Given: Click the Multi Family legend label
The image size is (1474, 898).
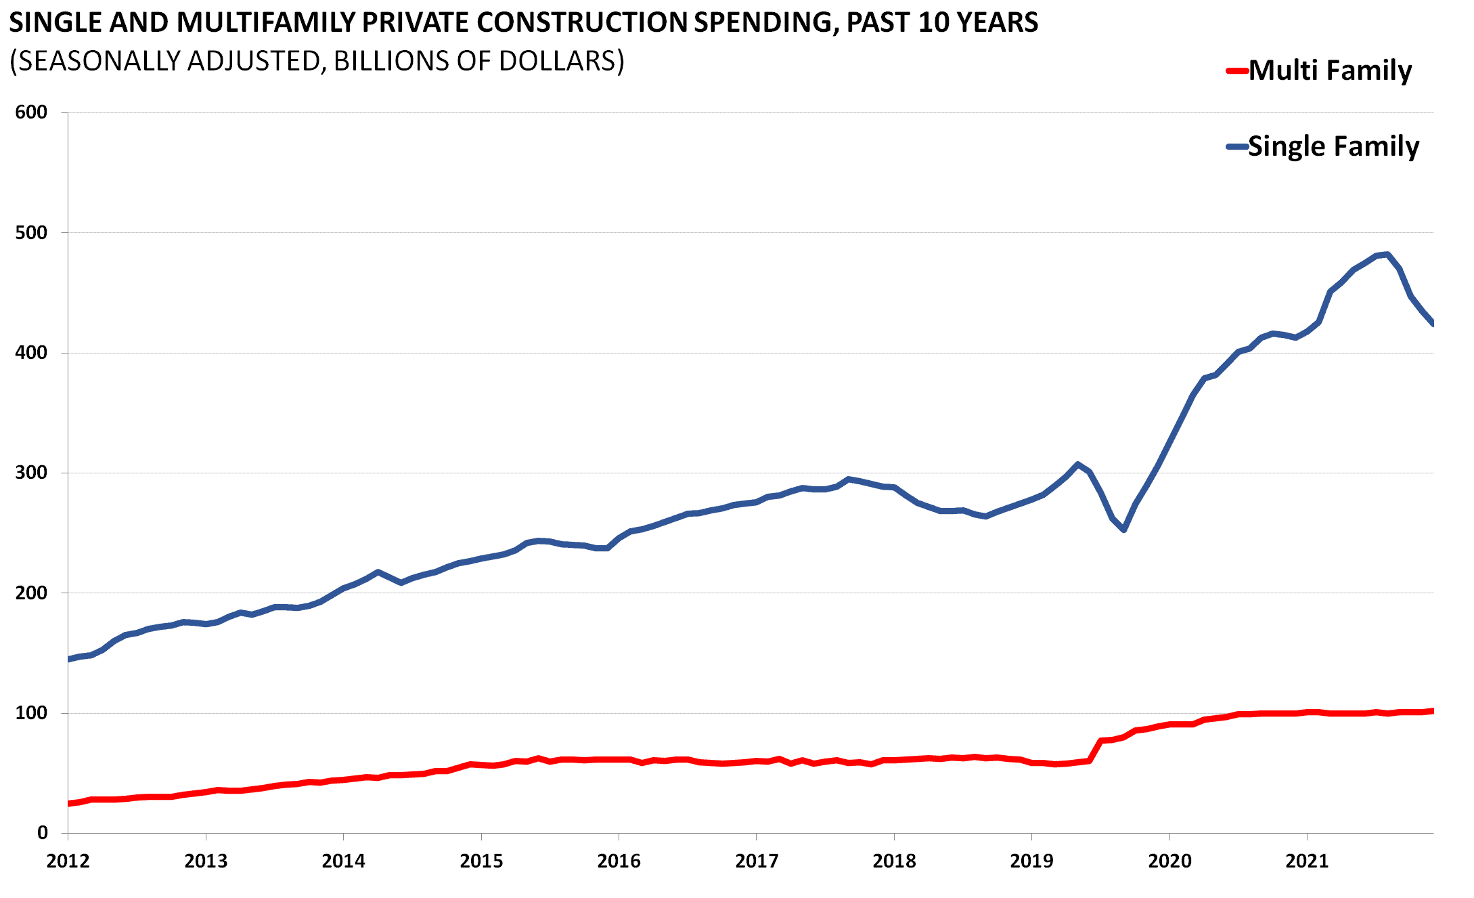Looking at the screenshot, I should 1329,70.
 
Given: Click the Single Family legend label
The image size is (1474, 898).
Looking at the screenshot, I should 1333,146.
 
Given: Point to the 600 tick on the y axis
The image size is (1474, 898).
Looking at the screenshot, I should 31,112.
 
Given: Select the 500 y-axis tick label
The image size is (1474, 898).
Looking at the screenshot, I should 31,233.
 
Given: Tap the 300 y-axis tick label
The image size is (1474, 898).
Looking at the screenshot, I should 31,473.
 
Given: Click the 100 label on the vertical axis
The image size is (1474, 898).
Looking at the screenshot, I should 31,713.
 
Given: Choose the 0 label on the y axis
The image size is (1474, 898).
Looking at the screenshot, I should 42,833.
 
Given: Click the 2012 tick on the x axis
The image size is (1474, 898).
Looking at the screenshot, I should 68,861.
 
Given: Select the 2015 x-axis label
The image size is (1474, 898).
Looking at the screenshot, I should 481,861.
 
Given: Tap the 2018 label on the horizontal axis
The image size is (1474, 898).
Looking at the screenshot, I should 894,861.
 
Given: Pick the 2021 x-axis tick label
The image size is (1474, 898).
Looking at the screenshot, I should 1307,861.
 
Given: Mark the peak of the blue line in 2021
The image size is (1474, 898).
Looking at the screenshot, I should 1387,255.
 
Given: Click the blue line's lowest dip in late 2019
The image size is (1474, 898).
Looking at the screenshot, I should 1123,530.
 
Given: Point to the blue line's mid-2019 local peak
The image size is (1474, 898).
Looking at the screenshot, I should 1077,465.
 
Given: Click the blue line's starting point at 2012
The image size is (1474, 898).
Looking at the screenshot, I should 69,659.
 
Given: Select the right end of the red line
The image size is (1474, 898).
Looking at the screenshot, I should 1432,711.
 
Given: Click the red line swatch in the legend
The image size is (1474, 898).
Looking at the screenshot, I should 1237,70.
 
